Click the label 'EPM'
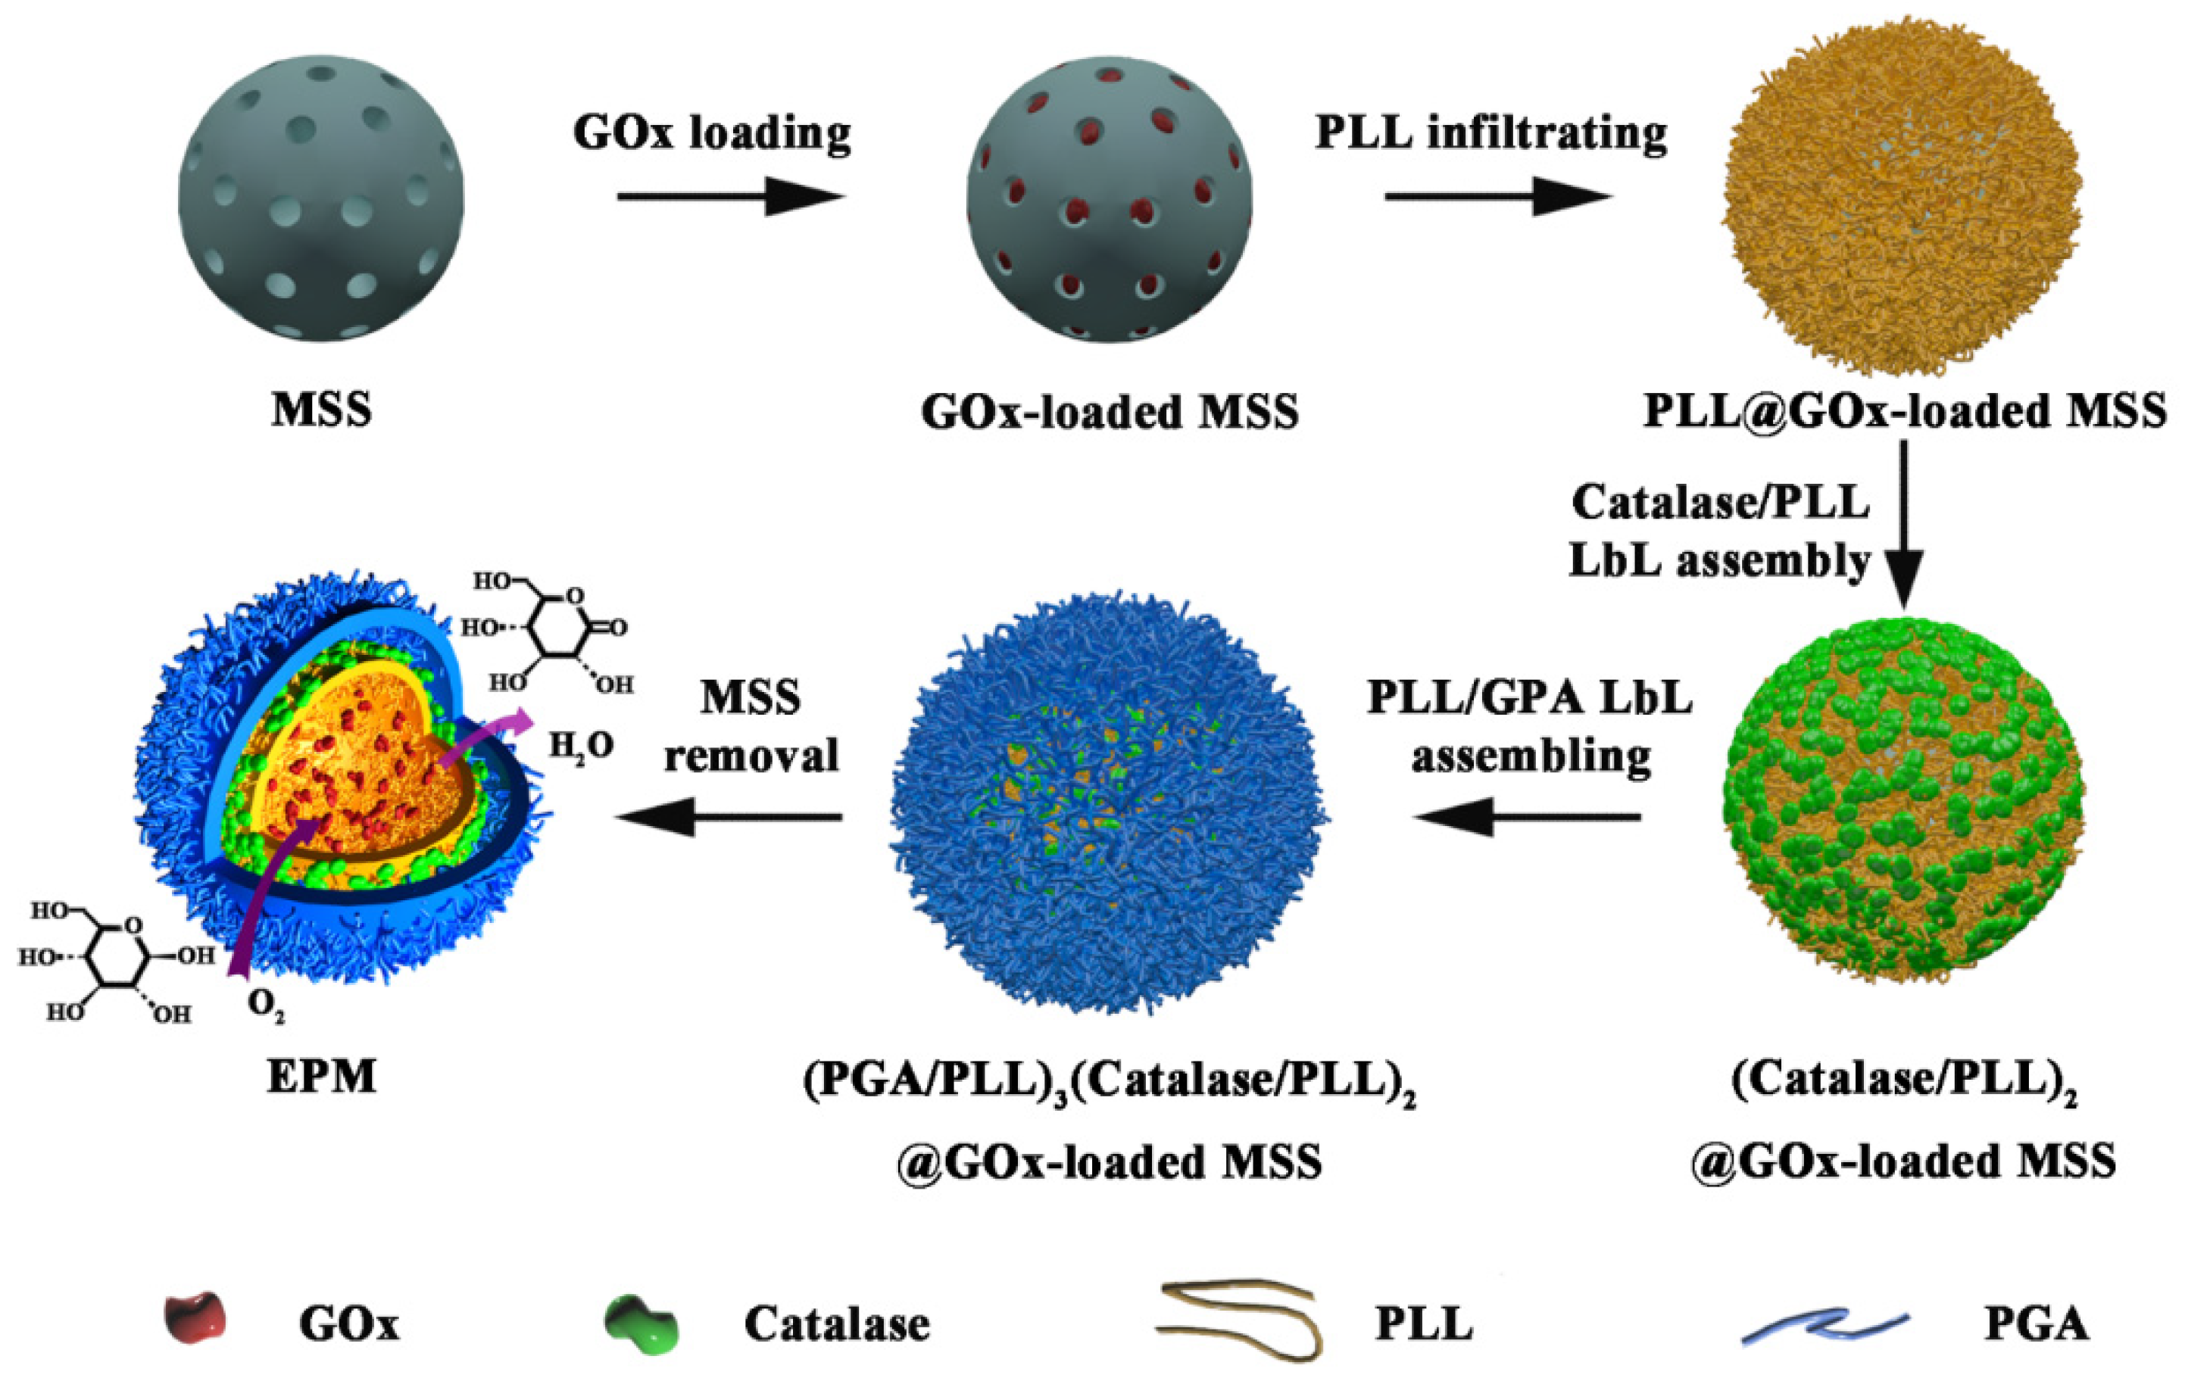(x=321, y=1077)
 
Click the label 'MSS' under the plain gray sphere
(x=321, y=410)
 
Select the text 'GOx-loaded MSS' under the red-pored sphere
(x=1109, y=412)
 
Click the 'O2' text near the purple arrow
(x=266, y=1005)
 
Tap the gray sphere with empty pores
(x=321, y=198)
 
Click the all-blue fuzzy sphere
(x=1109, y=803)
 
